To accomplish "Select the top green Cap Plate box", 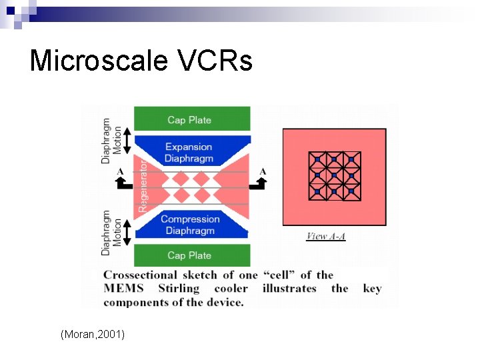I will click(x=192, y=119).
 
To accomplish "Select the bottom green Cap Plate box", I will click(x=192, y=255).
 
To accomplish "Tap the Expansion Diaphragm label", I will click(x=189, y=152).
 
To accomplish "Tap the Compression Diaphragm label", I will click(x=190, y=225).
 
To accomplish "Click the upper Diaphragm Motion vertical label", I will click(x=111, y=141).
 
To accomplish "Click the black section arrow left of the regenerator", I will click(x=120, y=181).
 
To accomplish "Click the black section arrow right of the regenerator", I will click(x=261, y=181).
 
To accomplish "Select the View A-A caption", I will click(x=326, y=236).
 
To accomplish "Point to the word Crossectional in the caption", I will click(x=140, y=275).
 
